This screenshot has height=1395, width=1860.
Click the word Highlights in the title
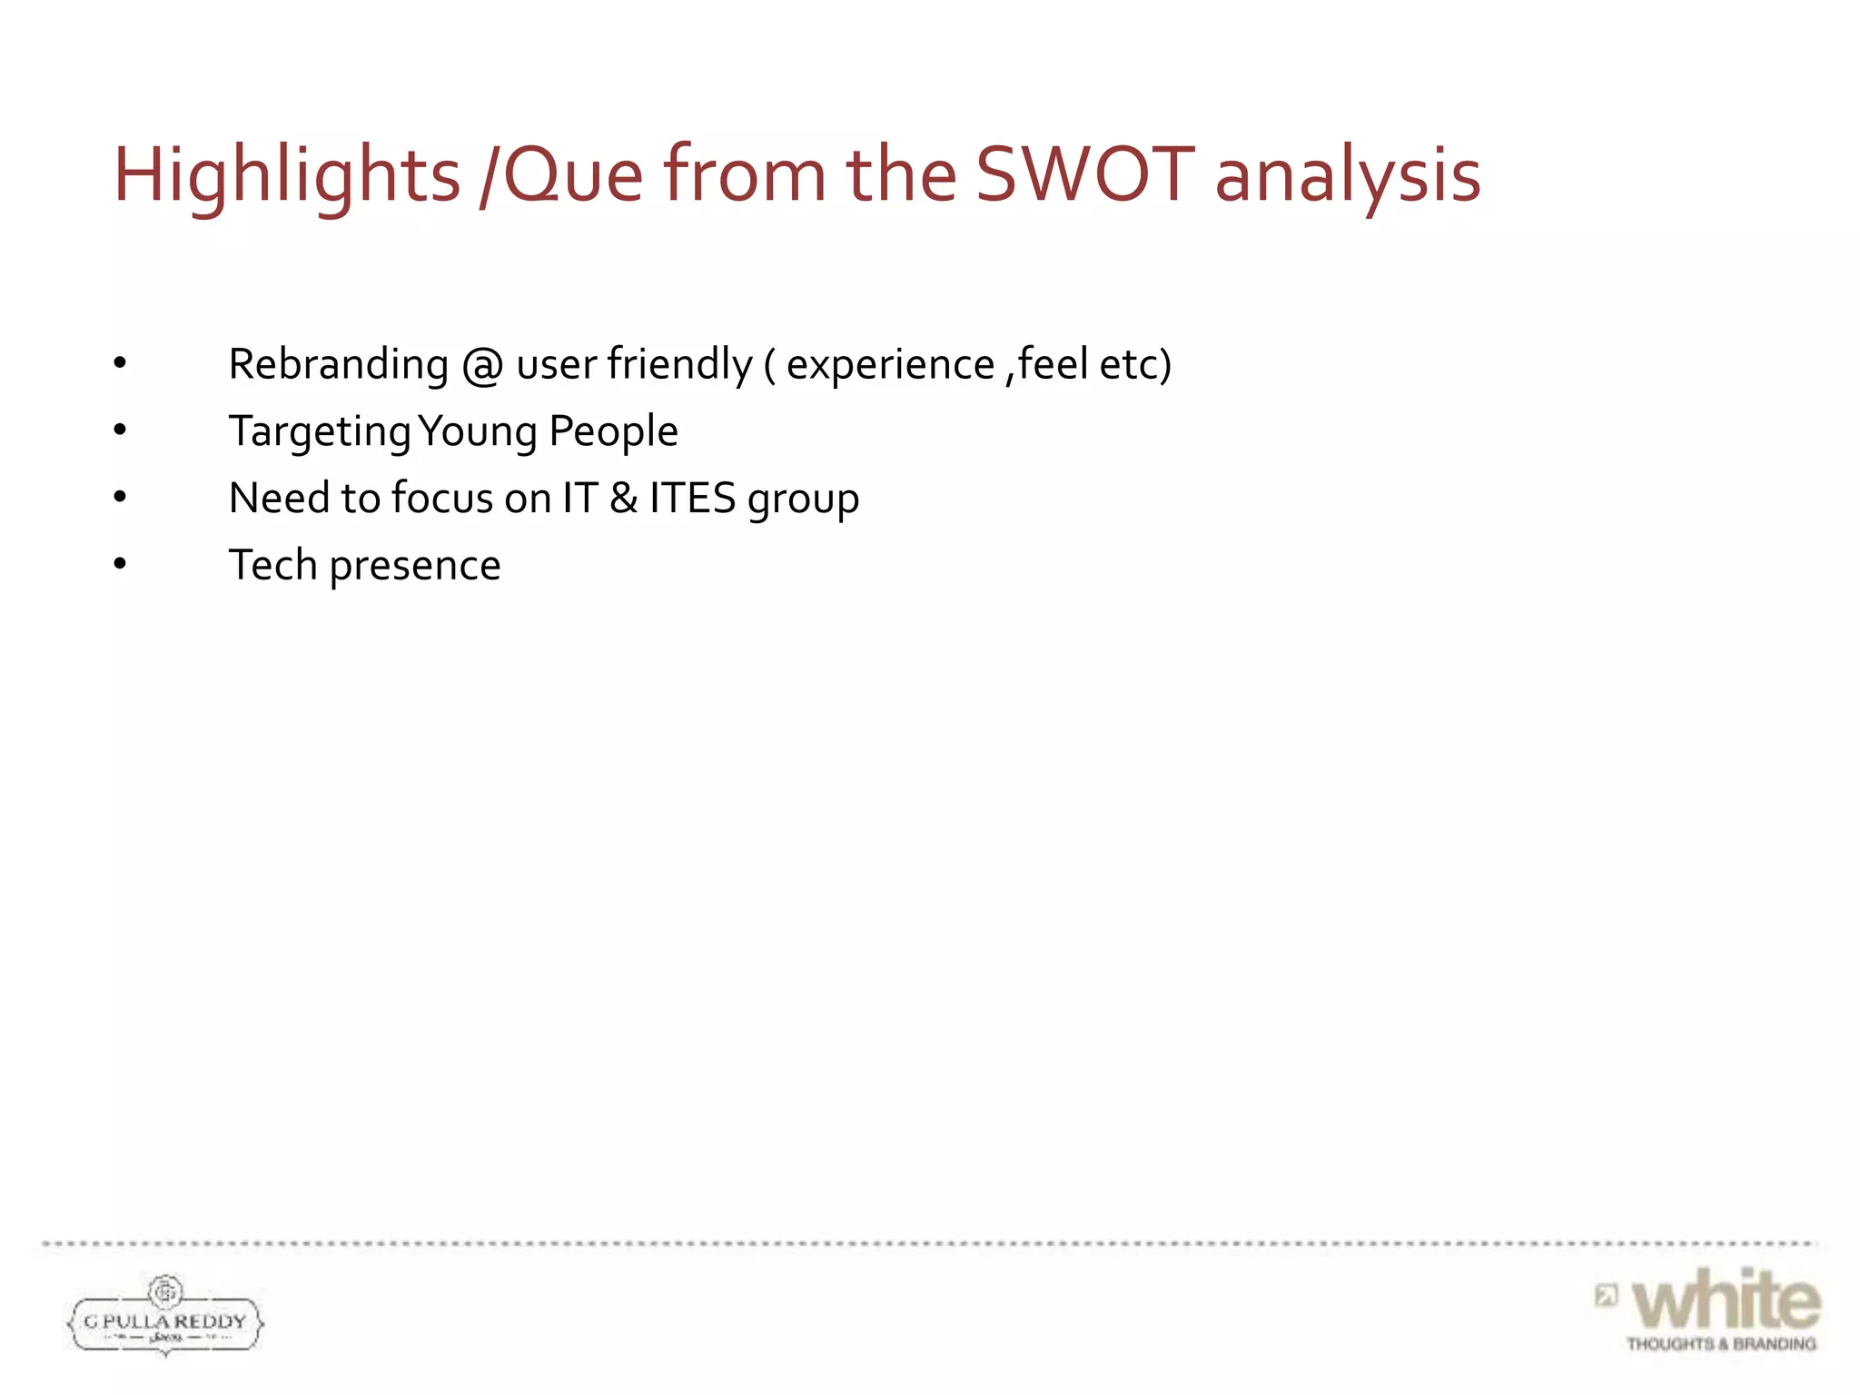[286, 174]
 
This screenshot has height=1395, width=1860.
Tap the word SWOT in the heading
[1085, 174]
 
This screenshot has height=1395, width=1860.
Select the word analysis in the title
[1348, 174]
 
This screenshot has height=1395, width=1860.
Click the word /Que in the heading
[560, 174]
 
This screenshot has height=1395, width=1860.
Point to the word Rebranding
[338, 364]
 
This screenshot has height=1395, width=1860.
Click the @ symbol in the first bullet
[482, 365]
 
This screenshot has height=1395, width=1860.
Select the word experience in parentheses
[890, 364]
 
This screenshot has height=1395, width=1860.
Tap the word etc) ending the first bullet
[1135, 364]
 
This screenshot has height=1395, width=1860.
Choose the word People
[613, 430]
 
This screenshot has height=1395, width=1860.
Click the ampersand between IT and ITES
[623, 499]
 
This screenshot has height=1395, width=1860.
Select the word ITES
[692, 499]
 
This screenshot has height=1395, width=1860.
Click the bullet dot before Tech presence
[120, 565]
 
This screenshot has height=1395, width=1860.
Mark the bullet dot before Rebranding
[120, 363]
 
